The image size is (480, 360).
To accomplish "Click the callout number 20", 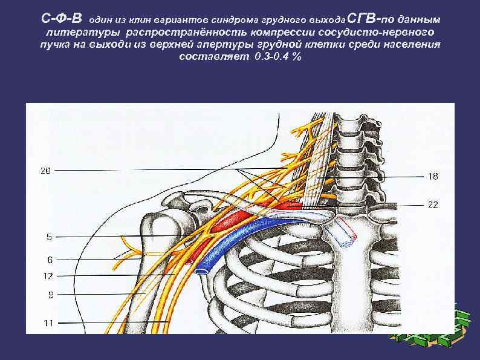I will (x=45, y=171).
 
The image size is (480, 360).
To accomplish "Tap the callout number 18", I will (x=433, y=177).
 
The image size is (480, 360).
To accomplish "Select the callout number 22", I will (x=433, y=205).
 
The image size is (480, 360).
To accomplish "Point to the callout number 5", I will (x=49, y=237).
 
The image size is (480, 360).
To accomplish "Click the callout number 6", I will (x=49, y=260).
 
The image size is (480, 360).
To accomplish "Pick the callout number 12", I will (x=48, y=276).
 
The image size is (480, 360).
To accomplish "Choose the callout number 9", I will (x=49, y=295).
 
